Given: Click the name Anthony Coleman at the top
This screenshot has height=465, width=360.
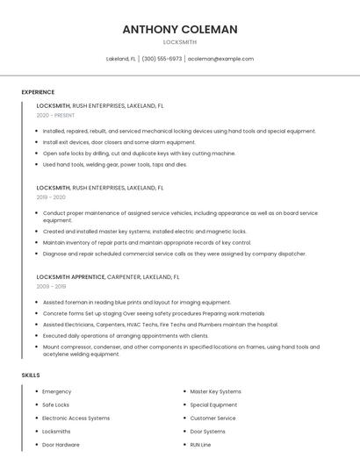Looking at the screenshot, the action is click(180, 29).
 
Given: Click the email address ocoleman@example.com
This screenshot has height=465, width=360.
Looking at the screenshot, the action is click(220, 59).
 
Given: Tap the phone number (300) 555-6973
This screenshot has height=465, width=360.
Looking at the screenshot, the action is click(162, 59).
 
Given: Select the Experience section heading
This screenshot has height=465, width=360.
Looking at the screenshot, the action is click(38, 92).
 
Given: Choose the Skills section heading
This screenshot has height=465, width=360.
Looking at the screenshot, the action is click(31, 375).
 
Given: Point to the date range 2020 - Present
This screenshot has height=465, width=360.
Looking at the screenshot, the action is click(55, 115).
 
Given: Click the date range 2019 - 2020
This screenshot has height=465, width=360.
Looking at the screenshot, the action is click(52, 197).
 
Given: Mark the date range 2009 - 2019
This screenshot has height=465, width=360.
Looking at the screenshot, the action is click(51, 286).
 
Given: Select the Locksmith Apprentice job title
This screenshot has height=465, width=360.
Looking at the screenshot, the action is click(70, 276).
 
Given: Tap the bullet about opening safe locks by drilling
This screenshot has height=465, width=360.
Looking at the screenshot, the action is click(139, 153).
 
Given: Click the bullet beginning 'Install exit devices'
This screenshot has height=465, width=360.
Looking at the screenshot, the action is click(119, 142).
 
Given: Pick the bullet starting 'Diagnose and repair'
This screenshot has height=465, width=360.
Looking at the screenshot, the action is click(174, 254).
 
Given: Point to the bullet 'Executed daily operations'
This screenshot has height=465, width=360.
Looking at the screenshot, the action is click(126, 335).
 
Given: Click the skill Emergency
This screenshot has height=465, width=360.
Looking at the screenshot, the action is click(57, 391).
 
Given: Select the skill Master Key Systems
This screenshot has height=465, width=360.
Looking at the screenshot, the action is click(215, 391).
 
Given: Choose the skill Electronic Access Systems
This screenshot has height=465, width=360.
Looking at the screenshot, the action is click(76, 418).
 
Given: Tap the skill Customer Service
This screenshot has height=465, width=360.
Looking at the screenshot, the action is click(212, 418).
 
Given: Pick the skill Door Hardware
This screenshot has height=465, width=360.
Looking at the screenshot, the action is click(61, 445).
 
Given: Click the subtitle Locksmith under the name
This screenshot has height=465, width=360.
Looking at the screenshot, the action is click(180, 42).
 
